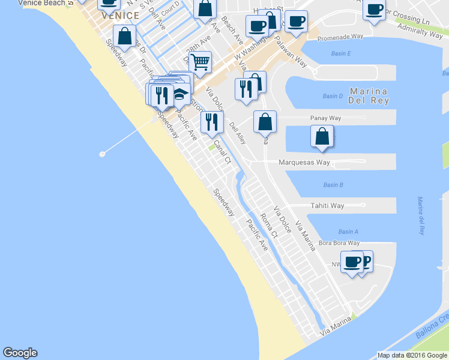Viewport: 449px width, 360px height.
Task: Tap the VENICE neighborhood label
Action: pos(121,16)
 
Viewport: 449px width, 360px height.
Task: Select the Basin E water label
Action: pos(340,54)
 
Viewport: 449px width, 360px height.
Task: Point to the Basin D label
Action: pos(332,96)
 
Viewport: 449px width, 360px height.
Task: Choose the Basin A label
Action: pos(348,232)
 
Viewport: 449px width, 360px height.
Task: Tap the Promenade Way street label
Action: pos(340,36)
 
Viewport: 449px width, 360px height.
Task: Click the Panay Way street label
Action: pos(325,118)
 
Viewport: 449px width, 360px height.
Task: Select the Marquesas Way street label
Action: pos(304,163)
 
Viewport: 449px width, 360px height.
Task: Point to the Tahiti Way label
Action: pos(327,206)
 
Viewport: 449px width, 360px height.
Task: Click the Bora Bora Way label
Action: pos(339,243)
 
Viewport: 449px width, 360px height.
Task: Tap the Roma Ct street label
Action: pos(268,226)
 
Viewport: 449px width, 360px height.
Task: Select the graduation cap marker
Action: pos(179,94)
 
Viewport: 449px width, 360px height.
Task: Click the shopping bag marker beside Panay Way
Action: pos(322,136)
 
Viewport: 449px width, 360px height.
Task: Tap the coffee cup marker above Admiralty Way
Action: pos(375,10)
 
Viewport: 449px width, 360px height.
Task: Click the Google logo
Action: pos(20,353)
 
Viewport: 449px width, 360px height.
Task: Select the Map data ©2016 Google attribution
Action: pos(412,355)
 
